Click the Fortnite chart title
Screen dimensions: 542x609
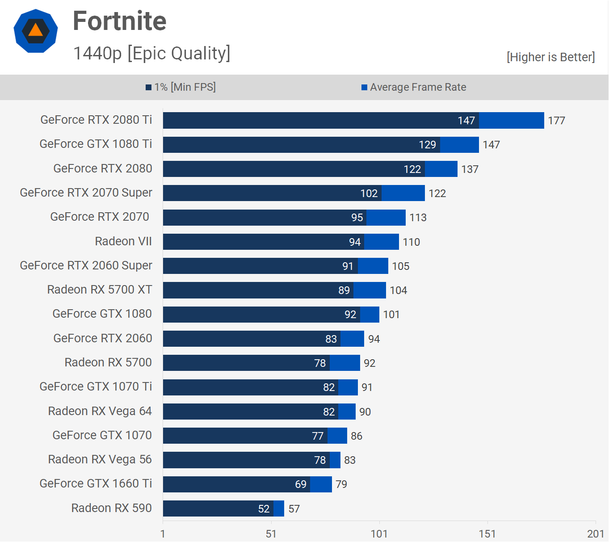click(x=119, y=21)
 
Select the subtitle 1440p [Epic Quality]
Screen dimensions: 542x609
click(x=151, y=53)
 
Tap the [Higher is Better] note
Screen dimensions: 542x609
click(x=550, y=57)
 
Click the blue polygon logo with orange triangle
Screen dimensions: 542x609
click(x=36, y=31)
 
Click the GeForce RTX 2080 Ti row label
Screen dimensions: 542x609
click(x=96, y=120)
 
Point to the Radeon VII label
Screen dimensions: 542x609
click(x=123, y=241)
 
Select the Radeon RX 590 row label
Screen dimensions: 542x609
click(x=111, y=508)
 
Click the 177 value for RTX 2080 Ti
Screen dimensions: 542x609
click(x=556, y=121)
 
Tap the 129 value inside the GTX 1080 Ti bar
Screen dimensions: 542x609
click(x=427, y=145)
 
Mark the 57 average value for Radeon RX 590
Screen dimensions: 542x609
click(x=294, y=509)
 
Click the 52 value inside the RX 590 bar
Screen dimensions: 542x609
click(x=264, y=509)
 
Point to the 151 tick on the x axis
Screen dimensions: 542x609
click(x=487, y=534)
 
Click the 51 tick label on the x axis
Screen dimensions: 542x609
click(x=271, y=534)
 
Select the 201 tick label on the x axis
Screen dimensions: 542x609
click(x=595, y=534)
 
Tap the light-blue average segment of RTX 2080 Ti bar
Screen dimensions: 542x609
click(x=511, y=121)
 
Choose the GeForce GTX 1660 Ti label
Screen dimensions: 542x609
click(x=96, y=483)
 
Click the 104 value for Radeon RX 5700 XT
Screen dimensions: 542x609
click(x=398, y=290)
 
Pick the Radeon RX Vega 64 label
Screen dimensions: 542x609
click(x=100, y=411)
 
